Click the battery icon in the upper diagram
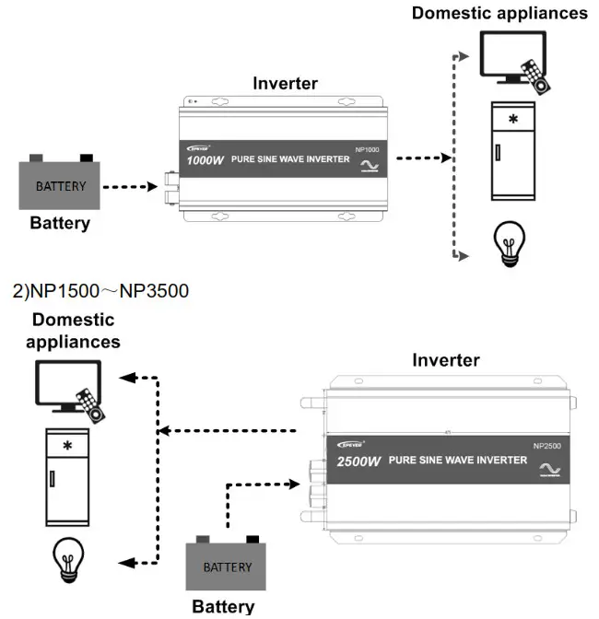tap(61, 183)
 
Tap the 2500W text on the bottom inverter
tap(359, 460)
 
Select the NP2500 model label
tap(546, 447)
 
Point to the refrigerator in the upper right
tap(512, 150)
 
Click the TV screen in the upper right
tap(511, 54)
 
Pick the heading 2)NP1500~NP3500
tap(100, 292)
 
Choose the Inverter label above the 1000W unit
tap(285, 83)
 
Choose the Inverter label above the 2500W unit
tap(445, 360)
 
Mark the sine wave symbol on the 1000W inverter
tap(370, 166)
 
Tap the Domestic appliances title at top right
tap(499, 13)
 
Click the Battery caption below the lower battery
tap(222, 606)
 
